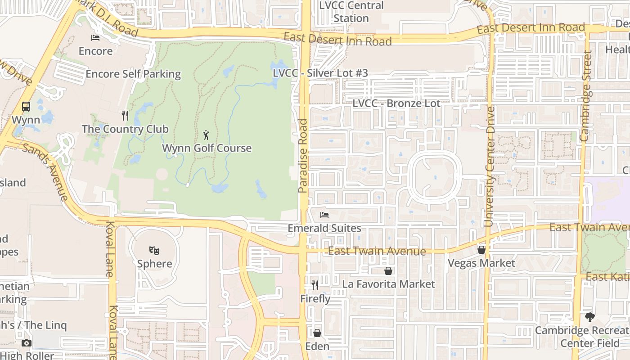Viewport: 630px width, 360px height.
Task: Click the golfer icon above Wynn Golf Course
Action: tap(206, 134)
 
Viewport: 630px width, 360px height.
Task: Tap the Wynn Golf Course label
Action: tap(207, 148)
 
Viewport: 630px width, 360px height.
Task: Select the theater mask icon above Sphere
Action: tap(154, 250)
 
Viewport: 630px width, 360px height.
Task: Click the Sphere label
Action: tap(155, 264)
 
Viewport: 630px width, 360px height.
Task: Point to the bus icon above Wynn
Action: tap(26, 107)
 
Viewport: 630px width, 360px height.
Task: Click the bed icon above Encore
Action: tap(95, 37)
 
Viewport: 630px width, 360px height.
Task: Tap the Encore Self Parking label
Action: tap(133, 74)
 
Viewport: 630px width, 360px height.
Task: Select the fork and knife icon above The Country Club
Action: tap(125, 116)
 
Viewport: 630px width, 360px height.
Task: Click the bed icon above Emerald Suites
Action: tap(324, 215)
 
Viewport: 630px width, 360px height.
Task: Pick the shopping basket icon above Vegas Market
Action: tap(481, 249)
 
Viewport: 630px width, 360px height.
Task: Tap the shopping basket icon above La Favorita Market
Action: tap(388, 271)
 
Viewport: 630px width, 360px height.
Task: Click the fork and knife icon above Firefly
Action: tap(315, 285)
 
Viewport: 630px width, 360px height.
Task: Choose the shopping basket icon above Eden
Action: tap(317, 333)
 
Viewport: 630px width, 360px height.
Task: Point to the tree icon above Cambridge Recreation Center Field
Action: tap(589, 317)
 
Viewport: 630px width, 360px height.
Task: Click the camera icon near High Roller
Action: tap(27, 343)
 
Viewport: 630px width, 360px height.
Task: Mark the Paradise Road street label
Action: tap(303, 156)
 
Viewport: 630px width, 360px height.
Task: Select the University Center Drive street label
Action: tap(490, 166)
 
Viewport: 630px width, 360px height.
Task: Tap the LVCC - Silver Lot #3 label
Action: tap(320, 73)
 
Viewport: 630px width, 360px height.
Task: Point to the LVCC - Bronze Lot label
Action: tap(396, 103)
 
